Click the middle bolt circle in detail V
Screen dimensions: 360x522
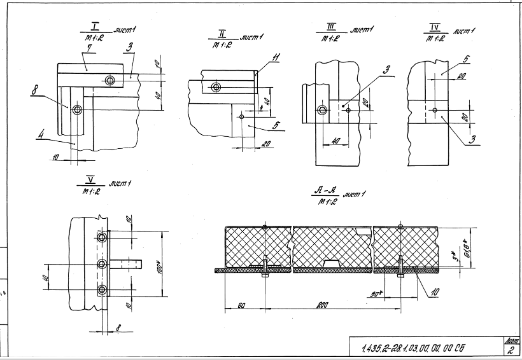(102, 263)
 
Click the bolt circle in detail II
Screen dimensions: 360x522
(216, 87)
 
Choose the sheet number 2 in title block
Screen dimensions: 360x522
(512, 349)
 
